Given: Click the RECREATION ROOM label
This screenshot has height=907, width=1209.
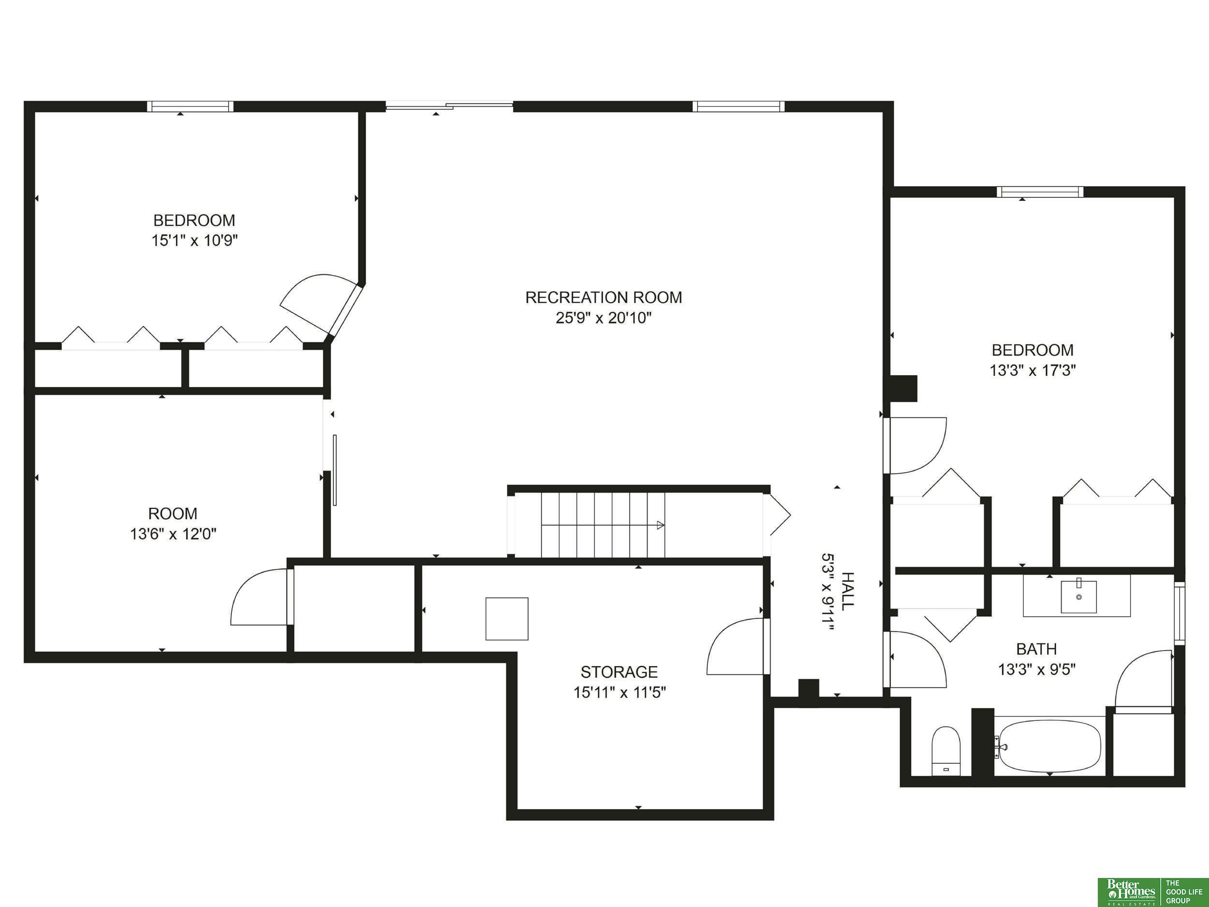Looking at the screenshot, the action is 604,297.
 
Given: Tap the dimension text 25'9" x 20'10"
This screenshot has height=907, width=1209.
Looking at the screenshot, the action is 604,318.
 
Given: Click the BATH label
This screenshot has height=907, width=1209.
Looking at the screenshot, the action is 1036,649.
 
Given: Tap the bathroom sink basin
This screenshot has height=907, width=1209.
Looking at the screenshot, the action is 1078,597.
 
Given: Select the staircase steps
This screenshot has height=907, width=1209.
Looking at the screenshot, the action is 603,525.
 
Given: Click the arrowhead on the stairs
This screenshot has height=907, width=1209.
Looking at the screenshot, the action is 660,525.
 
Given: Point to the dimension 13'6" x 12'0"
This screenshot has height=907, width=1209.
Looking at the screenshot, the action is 173,534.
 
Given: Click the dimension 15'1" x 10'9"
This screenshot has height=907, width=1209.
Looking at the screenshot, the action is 194,240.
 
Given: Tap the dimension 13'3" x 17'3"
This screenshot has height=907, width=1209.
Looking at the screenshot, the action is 1032,371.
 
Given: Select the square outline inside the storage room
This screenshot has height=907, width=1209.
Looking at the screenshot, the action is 507,619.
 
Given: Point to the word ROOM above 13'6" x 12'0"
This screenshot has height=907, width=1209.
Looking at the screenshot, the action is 173,514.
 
